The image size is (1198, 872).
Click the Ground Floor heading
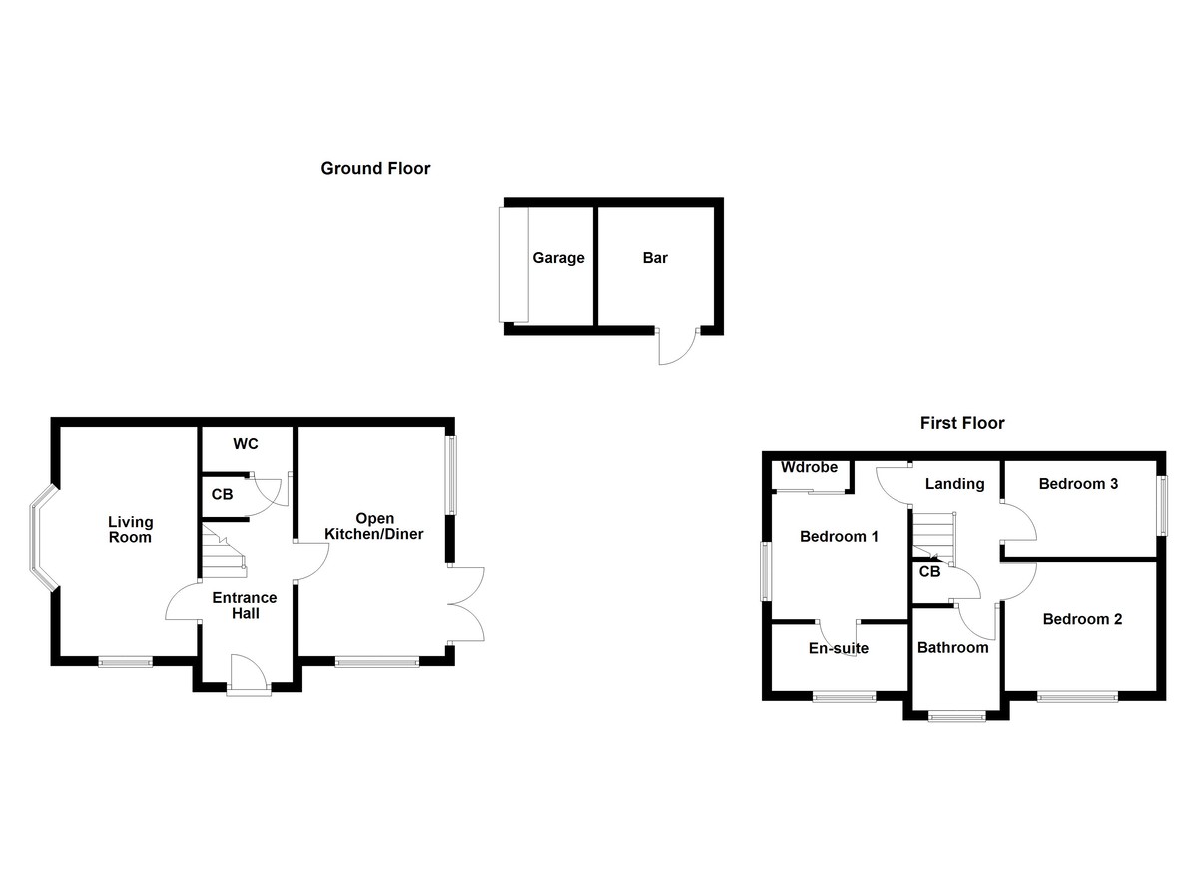coord(375,169)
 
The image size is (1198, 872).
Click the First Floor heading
coord(962,423)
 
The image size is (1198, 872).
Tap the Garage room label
coord(558,258)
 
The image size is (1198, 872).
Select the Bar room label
coord(655,258)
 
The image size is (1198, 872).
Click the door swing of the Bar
coord(676,348)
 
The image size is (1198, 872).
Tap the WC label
coord(246,444)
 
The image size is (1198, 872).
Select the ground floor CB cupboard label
coord(223,494)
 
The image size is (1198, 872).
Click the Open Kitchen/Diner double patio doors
coord(467,603)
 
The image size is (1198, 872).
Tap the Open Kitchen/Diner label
coord(374,526)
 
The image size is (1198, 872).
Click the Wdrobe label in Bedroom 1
coord(808,468)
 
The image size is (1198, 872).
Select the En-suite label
coord(838,648)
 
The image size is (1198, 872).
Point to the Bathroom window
coord(956,715)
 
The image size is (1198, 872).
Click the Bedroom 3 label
coord(1077,484)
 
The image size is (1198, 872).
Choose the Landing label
coord(954,484)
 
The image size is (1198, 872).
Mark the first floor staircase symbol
coord(933,539)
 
